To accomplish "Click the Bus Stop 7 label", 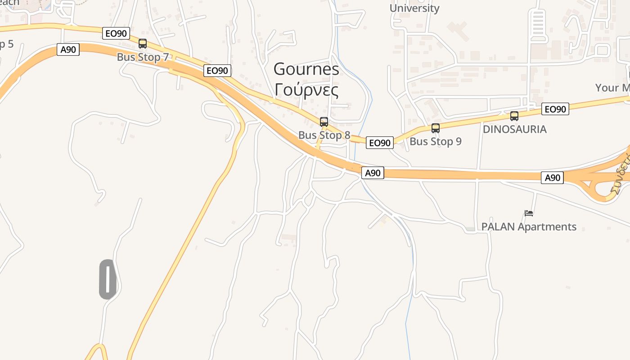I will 143,57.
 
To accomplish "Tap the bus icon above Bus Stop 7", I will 143,44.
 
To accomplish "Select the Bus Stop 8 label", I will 324,135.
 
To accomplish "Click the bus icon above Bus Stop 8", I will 324,121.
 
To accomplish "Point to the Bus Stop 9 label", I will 435,141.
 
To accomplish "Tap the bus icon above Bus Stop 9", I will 435,128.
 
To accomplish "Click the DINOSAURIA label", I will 514,129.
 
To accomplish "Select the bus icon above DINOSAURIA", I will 514,116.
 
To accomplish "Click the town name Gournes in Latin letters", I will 306,69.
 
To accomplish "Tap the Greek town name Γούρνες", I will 306,90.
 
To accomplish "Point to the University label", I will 414,8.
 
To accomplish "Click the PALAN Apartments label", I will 529,226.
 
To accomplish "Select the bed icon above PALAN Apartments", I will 529,213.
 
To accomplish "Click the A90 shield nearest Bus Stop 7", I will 68,49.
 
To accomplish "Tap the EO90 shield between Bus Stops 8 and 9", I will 379,143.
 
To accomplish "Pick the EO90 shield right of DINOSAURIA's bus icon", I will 555,109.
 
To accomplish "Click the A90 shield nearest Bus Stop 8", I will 373,173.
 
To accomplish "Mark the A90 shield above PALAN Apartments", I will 552,178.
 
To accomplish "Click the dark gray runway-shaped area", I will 108,279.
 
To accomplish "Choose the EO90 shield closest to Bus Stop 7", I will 116,33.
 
